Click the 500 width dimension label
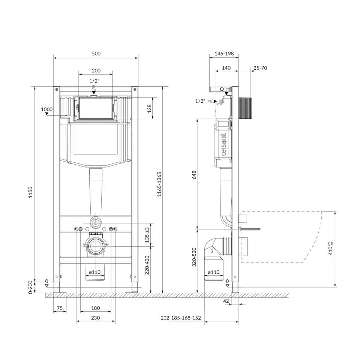tap(96, 54)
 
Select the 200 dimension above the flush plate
tap(96, 71)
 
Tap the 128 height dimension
tap(150, 108)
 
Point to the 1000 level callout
tap(47, 109)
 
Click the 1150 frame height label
tap(30, 192)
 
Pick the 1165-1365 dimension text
tap(159, 184)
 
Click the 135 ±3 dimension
tap(147, 235)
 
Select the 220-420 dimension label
tap(147, 265)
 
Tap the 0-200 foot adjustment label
tap(30, 288)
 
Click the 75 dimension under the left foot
tap(60, 308)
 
